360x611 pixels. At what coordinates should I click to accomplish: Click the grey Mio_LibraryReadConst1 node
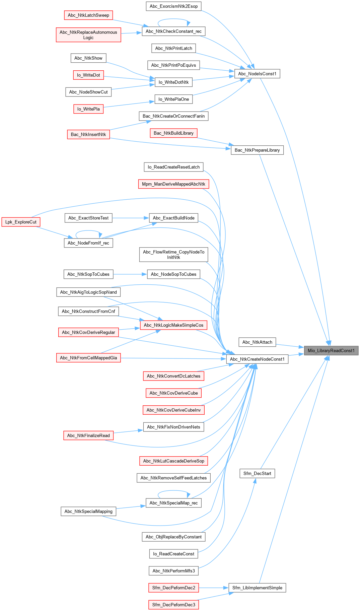point(331,350)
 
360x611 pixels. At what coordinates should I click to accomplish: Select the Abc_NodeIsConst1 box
point(257,74)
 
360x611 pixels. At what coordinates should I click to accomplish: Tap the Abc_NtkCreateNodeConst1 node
point(257,359)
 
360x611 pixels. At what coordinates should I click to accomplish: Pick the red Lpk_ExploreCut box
point(21,222)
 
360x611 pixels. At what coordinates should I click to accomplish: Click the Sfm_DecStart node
point(257,473)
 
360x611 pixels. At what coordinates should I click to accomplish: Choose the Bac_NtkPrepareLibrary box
point(257,150)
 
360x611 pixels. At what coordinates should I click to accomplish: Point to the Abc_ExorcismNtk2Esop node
point(173,6)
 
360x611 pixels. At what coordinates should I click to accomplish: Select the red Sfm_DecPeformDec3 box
point(173,605)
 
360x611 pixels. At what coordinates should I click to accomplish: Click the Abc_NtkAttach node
point(257,342)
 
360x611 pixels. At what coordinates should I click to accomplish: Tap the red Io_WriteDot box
point(88,75)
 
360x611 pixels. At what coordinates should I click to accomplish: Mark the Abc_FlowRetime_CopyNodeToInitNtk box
point(173,255)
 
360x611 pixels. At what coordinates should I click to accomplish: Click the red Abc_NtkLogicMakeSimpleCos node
point(173,325)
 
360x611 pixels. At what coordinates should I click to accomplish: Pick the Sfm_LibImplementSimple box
point(257,588)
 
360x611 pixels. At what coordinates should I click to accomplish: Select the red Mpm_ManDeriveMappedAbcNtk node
point(173,184)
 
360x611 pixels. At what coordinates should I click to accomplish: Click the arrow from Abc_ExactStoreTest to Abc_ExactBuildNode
point(131,218)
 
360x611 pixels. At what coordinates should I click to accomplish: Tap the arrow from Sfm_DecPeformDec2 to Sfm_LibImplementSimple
point(213,588)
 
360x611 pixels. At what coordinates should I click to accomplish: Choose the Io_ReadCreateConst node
point(173,554)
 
